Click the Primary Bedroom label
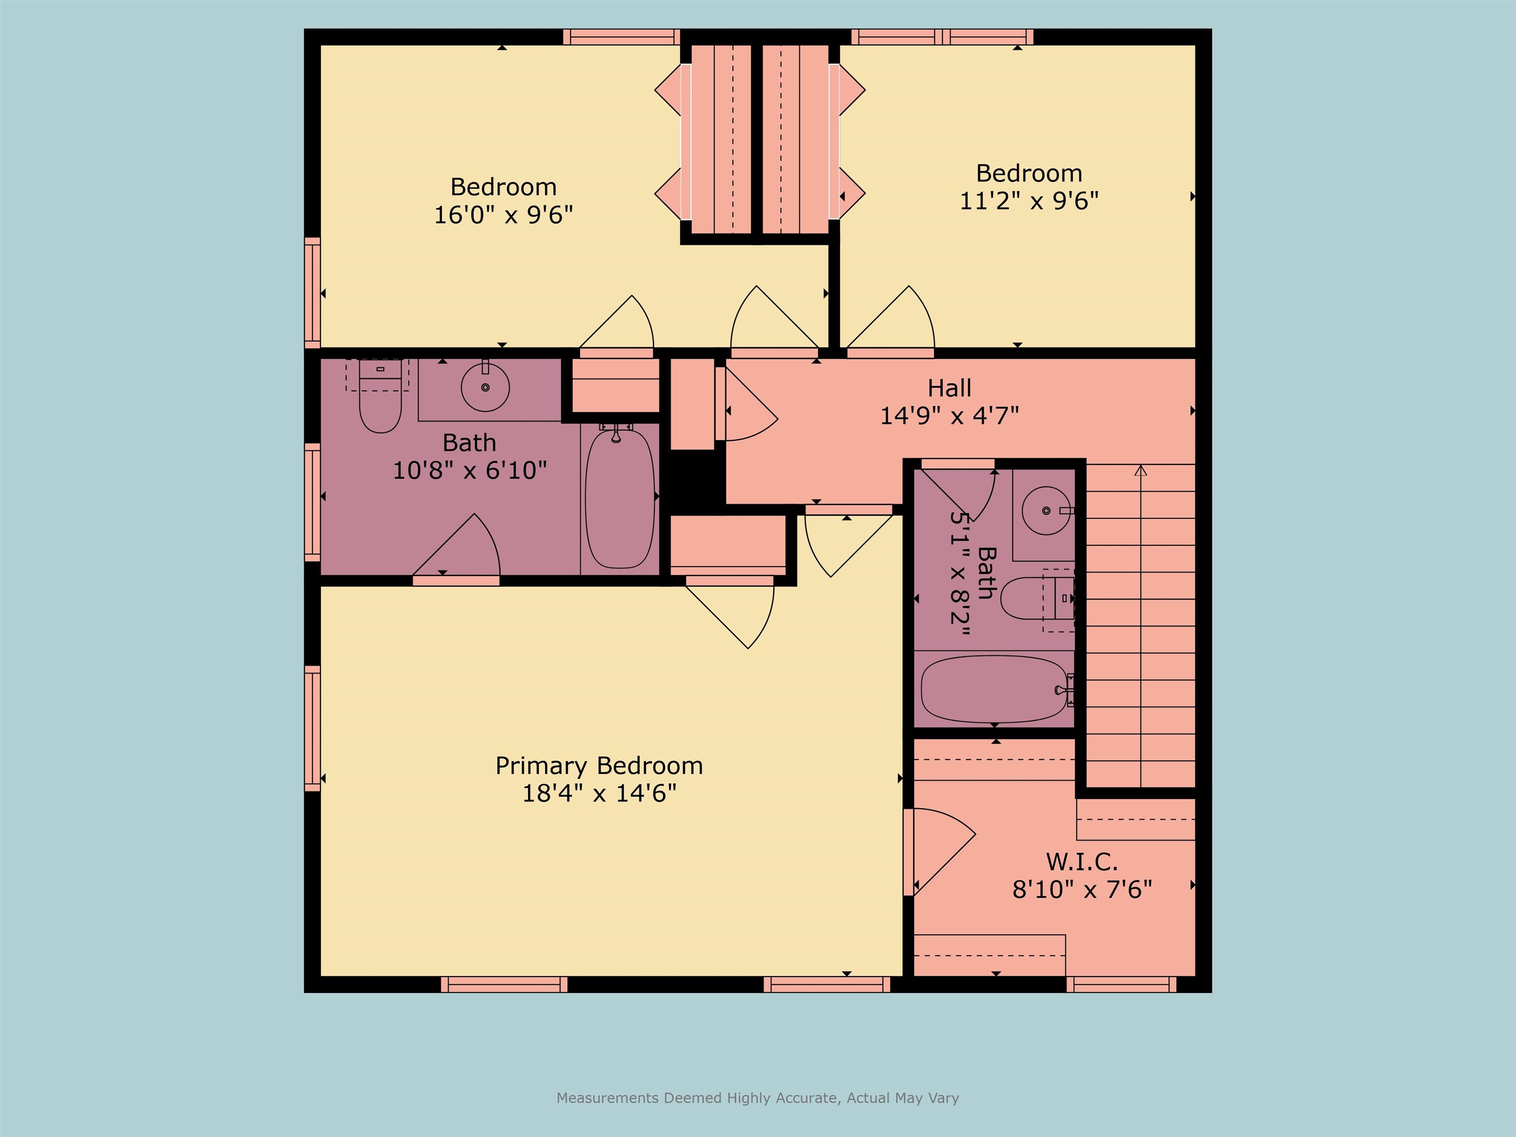coord(599,765)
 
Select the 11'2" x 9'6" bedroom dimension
coord(1029,201)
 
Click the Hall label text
coord(949,388)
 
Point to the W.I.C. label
coord(1082,862)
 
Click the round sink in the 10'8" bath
coord(485,387)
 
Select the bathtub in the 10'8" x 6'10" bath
coord(619,499)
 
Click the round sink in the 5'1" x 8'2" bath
coord(1045,511)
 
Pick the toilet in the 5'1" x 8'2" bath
coord(1031,598)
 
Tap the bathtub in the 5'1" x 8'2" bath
coord(994,689)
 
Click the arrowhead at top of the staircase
coord(1140,470)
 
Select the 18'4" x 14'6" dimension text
coord(599,794)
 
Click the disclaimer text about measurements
coord(758,1098)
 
